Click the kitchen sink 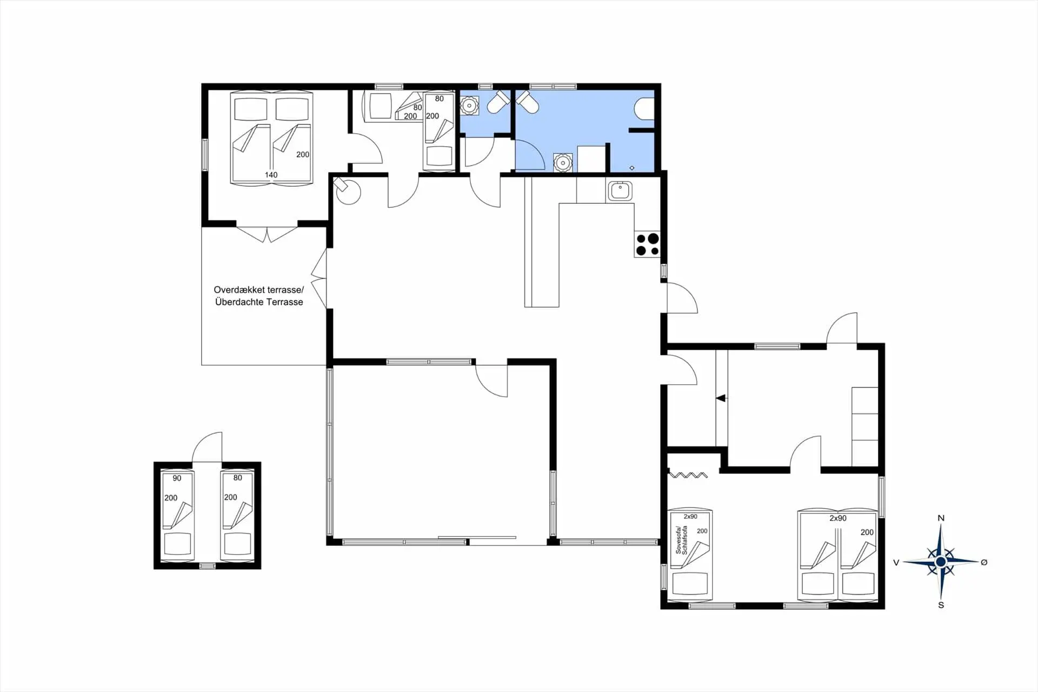pyautogui.click(x=620, y=191)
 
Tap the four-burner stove pyautogui.click(x=647, y=244)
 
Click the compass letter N pyautogui.click(x=941, y=518)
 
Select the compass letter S pyautogui.click(x=941, y=605)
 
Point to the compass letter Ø pyautogui.click(x=984, y=562)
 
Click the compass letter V pyautogui.click(x=896, y=563)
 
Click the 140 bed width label pyautogui.click(x=271, y=175)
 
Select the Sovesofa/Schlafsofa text pyautogui.click(x=681, y=539)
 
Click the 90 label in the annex pyautogui.click(x=177, y=478)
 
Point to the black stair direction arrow pyautogui.click(x=721, y=398)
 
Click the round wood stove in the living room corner pyautogui.click(x=347, y=190)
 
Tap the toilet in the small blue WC pyautogui.click(x=498, y=102)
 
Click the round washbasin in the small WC pyautogui.click(x=468, y=105)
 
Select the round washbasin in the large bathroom pyautogui.click(x=562, y=162)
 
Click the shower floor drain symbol pyautogui.click(x=632, y=168)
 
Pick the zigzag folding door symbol pyautogui.click(x=688, y=475)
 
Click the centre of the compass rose pyautogui.click(x=941, y=562)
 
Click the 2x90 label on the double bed pyautogui.click(x=838, y=518)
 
